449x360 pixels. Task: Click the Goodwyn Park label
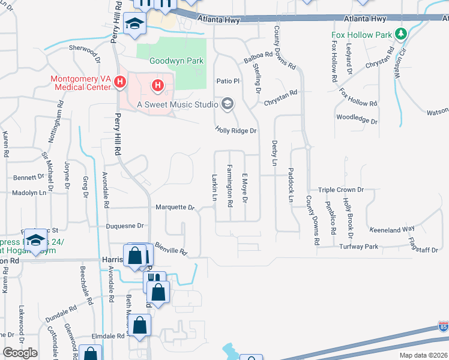pos(176,61)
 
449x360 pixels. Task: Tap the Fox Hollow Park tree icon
pos(401,35)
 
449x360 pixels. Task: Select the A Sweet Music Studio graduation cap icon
pos(227,104)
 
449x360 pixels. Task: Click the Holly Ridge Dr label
pos(236,130)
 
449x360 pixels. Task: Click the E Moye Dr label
pos(245,188)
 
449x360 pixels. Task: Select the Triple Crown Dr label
pos(341,190)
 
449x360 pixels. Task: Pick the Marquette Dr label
pos(175,208)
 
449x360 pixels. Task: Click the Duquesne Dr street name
pos(125,226)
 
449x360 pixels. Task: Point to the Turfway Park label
pos(358,247)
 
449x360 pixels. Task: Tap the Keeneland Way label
pos(393,229)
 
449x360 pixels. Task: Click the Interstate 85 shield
pos(443,328)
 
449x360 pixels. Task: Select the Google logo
pos(20,353)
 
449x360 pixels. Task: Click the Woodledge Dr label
pos(357,119)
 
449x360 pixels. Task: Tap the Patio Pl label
pos(228,80)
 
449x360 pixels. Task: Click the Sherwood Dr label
pos(85,50)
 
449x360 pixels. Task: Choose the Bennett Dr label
pos(29,178)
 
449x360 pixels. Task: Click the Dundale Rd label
pos(64,310)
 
